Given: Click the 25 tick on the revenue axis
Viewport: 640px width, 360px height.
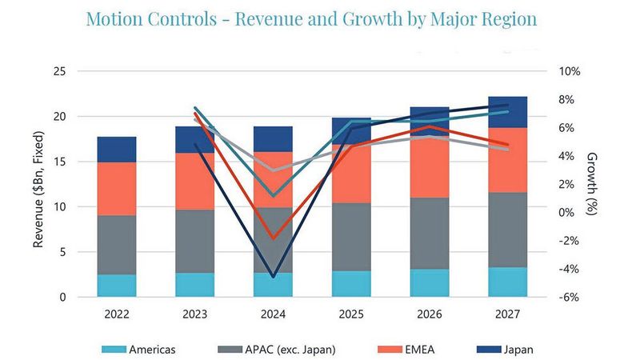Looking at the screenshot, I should [x=59, y=72].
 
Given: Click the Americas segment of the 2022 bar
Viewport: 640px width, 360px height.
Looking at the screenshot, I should [x=117, y=286].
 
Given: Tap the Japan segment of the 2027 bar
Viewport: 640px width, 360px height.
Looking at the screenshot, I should [x=508, y=112].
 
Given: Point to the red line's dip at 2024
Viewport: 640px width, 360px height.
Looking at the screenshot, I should [x=274, y=238].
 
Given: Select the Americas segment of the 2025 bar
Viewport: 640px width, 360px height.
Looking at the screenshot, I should [x=351, y=284].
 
